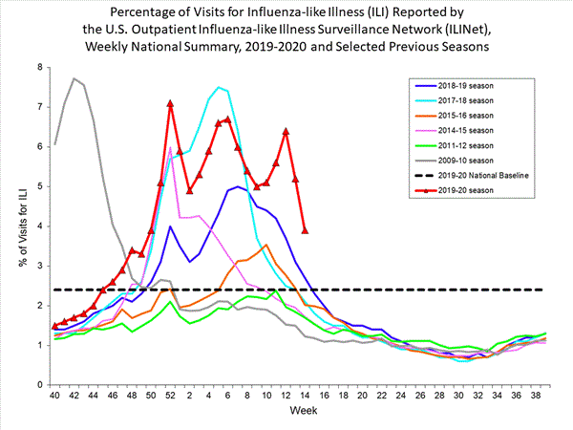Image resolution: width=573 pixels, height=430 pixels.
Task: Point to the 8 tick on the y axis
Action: (40, 67)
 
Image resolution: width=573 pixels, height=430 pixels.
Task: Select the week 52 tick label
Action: (170, 396)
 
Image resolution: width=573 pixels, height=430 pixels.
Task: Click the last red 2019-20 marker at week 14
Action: (305, 230)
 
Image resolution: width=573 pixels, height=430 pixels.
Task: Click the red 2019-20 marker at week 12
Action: (286, 131)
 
